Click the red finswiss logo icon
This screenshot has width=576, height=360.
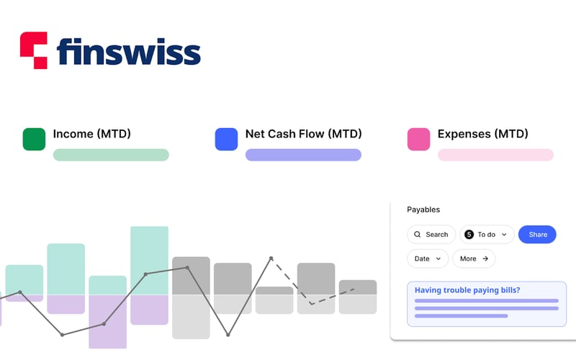(x=33, y=50)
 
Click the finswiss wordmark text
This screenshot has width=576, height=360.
(x=128, y=51)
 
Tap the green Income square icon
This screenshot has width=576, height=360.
(x=34, y=139)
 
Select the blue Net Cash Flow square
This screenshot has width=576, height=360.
(x=226, y=139)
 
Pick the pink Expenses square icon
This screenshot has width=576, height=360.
(x=418, y=139)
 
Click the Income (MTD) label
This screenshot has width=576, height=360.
(x=91, y=134)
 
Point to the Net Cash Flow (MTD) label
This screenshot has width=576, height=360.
(x=303, y=134)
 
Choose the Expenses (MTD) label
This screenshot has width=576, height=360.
(x=482, y=134)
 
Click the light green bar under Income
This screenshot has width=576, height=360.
(x=111, y=155)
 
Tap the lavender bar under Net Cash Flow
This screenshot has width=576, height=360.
(x=303, y=155)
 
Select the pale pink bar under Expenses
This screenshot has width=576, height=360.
(x=495, y=155)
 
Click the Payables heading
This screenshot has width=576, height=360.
(x=423, y=210)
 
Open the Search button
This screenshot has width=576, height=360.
(x=431, y=234)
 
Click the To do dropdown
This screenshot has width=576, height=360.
(x=487, y=234)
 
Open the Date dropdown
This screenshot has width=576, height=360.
(x=428, y=258)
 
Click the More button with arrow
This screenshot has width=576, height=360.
(x=474, y=258)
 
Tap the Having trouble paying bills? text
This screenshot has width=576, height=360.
(x=467, y=290)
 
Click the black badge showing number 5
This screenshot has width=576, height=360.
(x=469, y=234)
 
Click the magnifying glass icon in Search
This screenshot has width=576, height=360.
(x=418, y=234)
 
